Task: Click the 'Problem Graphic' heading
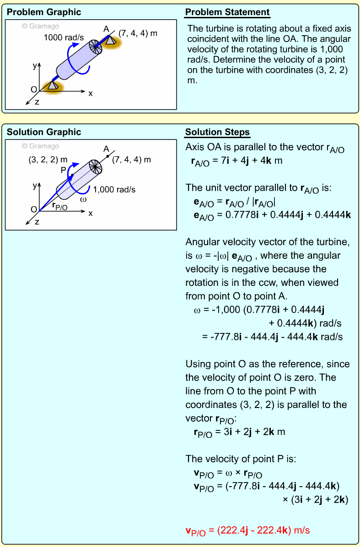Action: pos(44,12)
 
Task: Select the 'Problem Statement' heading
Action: pos(227,12)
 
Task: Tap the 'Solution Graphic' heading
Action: pos(44,132)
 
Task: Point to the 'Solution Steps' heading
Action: pos(217,133)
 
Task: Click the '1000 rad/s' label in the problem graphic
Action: pos(64,38)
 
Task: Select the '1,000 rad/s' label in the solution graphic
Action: pos(114,189)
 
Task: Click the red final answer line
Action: pos(247,531)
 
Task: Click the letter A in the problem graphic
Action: pos(106,29)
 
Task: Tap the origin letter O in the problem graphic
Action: pos(33,89)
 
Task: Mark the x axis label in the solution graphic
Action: pos(91,213)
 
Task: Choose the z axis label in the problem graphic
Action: pos(37,102)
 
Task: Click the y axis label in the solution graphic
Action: pos(34,186)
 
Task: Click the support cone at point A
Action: pos(110,40)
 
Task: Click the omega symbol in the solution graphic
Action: pos(83,199)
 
